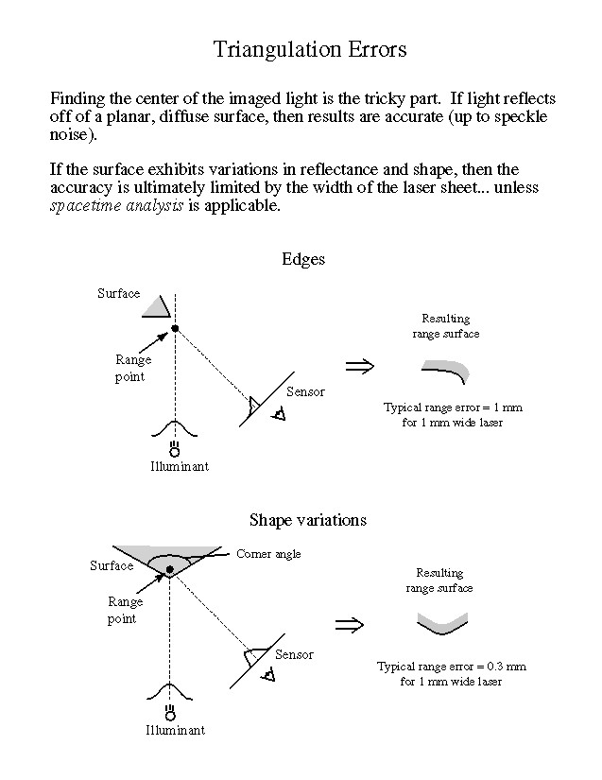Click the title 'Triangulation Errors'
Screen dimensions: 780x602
pyautogui.click(x=309, y=48)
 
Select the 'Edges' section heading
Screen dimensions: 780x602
pyautogui.click(x=302, y=260)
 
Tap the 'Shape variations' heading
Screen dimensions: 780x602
pyautogui.click(x=307, y=520)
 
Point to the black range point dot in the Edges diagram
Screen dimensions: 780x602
pyautogui.click(x=175, y=328)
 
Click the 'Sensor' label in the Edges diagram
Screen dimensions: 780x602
pyautogui.click(x=305, y=391)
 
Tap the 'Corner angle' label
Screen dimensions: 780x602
pyautogui.click(x=268, y=554)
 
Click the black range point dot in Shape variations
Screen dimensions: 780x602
pyautogui.click(x=169, y=569)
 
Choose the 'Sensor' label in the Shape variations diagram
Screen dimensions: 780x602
pyautogui.click(x=294, y=654)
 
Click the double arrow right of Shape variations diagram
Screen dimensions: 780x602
pyautogui.click(x=349, y=624)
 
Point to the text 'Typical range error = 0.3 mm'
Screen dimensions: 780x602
pyautogui.click(x=451, y=667)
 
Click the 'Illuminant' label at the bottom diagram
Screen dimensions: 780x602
pyautogui.click(x=175, y=730)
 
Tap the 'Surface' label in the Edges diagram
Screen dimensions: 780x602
pyautogui.click(x=119, y=293)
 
